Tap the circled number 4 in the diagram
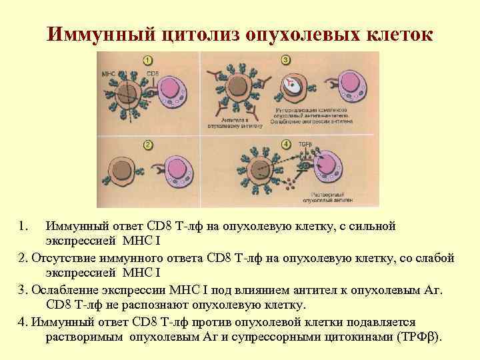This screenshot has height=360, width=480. pos(286,145)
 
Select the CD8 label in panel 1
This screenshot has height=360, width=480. pos(153,72)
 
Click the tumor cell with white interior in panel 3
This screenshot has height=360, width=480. pos(291,85)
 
